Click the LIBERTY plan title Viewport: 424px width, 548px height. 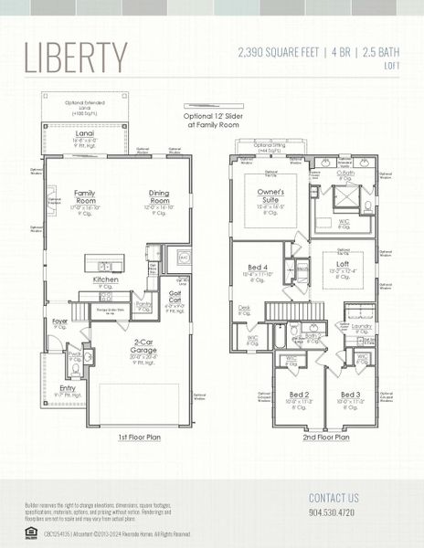pyautogui.click(x=76, y=57)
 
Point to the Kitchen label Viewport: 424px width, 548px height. pyautogui.click(x=105, y=279)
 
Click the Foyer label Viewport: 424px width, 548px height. pyautogui.click(x=59, y=321)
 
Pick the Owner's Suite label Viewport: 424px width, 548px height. pyautogui.click(x=270, y=196)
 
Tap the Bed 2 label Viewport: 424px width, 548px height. pyautogui.click(x=300, y=395)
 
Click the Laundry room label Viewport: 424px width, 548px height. pyautogui.click(x=361, y=326)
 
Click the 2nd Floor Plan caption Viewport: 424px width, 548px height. pyautogui.click(x=325, y=437)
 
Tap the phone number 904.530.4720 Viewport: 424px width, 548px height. pyautogui.click(x=334, y=513)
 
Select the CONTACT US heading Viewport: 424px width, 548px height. pyautogui.click(x=334, y=498)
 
